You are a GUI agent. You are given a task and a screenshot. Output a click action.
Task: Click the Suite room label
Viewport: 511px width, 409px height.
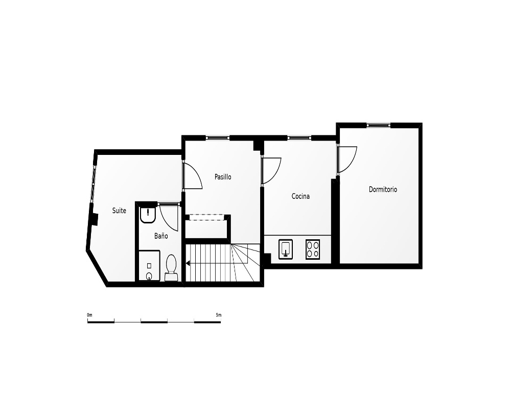point(119,211)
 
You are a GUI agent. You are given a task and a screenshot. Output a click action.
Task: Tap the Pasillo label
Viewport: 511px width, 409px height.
point(223,177)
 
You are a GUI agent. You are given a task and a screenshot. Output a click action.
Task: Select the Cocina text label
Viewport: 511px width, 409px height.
point(300,196)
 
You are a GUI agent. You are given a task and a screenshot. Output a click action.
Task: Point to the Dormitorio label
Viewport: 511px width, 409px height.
point(383,189)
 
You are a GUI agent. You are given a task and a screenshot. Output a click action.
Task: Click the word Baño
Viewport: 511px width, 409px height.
point(161,236)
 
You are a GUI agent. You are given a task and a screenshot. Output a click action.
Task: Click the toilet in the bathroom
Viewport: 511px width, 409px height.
point(171,268)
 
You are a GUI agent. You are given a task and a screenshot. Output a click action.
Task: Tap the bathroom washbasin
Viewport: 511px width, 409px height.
point(148,215)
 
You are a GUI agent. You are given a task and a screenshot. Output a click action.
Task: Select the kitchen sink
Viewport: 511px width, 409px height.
point(286,249)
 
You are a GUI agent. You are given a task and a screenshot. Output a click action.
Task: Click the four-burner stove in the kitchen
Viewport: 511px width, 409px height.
point(313,249)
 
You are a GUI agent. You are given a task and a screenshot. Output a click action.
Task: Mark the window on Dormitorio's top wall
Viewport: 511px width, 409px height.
point(378,125)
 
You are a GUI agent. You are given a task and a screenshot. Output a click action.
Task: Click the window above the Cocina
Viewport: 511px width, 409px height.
point(299,138)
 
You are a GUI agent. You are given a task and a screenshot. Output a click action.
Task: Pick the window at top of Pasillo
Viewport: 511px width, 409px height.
point(218,138)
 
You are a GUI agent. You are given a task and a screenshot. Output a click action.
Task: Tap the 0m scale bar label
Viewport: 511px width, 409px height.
point(89,315)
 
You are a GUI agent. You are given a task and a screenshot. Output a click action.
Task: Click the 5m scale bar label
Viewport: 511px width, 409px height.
point(218,315)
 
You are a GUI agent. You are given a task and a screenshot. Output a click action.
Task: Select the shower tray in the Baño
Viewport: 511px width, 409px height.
point(149,265)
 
